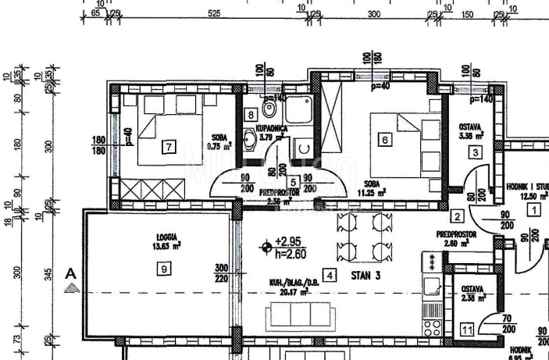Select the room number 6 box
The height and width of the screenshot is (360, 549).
coord(383,140)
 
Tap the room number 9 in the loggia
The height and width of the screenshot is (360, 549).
coord(163,269)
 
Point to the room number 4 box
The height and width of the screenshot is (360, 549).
coord(330,275)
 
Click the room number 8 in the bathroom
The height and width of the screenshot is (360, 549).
coord(250,115)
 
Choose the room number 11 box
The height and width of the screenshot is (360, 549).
coord(467,330)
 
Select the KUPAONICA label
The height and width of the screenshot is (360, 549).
coord(273,127)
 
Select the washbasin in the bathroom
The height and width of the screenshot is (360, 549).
coord(249,141)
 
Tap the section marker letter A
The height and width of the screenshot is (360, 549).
coord(71,274)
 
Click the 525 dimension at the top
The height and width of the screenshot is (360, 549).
coord(211,14)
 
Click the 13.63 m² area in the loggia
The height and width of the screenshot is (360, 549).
coord(167,244)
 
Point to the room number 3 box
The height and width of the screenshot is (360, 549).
coord(475,152)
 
